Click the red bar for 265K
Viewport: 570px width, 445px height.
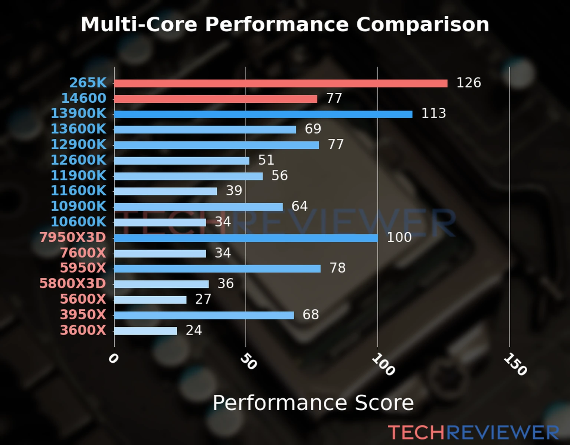(281, 83)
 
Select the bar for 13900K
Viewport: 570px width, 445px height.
(263, 114)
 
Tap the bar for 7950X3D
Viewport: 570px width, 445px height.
(246, 238)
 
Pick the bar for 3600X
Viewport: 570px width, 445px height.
(145, 331)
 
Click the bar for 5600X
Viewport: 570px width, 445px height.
(150, 300)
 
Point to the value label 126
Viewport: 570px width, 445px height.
(468, 83)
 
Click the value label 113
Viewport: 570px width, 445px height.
(433, 113)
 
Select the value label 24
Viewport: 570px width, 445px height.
(194, 330)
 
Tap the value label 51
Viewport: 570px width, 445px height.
(266, 160)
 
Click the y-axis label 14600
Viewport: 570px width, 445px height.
(83, 98)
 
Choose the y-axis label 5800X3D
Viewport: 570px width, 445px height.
(73, 284)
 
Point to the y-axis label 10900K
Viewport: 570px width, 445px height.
(78, 206)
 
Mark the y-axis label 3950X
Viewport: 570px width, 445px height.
(83, 315)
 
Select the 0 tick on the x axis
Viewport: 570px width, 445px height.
(113, 359)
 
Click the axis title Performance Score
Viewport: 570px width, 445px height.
(313, 403)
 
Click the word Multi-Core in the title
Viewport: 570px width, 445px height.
(139, 24)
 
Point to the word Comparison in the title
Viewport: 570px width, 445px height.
(422, 24)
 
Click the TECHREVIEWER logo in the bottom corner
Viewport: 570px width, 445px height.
(473, 433)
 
